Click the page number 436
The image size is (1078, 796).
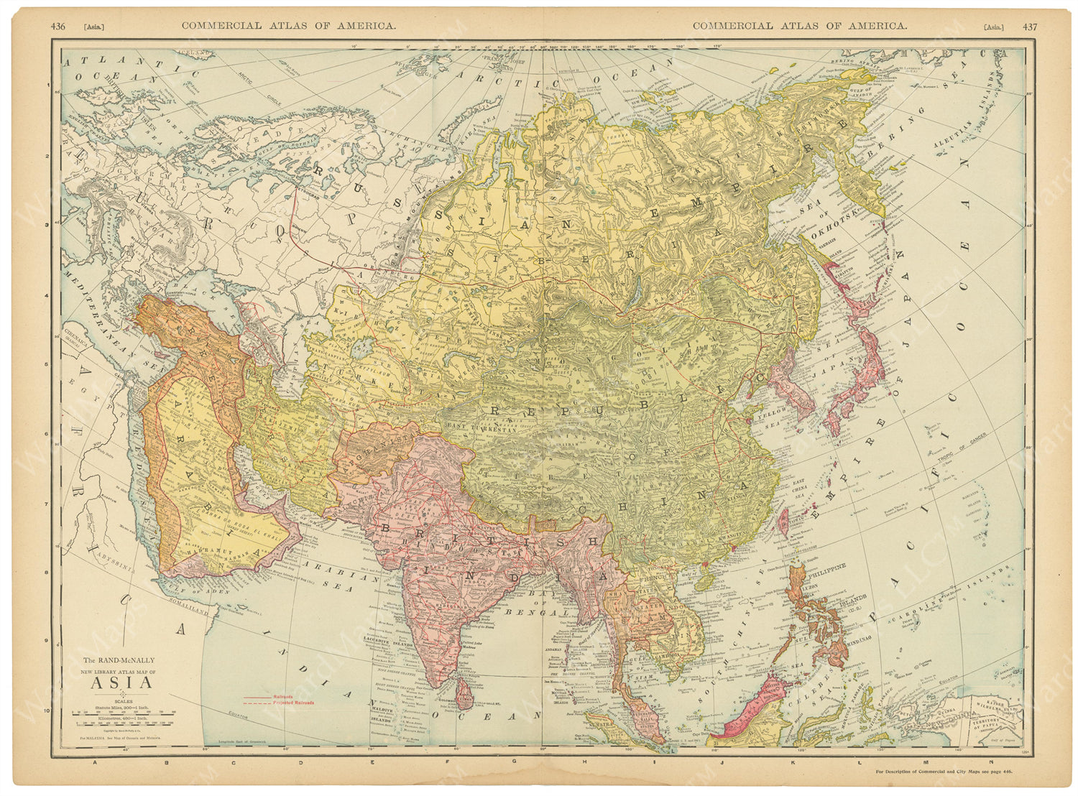[x=58, y=26]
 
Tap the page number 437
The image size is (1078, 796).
[x=1030, y=27]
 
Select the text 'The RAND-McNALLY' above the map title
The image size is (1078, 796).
[x=117, y=660]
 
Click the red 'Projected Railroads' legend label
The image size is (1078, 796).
[x=293, y=702]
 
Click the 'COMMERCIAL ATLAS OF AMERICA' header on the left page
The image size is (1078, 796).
[x=287, y=26]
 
